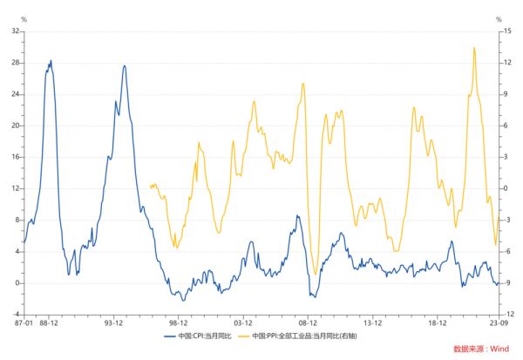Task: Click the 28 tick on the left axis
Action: (15, 63)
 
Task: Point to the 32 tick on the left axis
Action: (15, 31)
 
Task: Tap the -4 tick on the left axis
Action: (15, 315)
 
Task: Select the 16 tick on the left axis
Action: (15, 157)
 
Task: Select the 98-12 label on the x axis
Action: (179, 323)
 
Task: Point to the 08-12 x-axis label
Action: (308, 323)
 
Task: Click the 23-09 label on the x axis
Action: (498, 323)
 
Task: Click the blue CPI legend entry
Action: (203, 336)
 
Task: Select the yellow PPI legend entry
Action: (306, 336)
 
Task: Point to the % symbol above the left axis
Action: (23, 19)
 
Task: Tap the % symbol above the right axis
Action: (499, 19)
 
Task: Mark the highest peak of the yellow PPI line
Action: (474, 48)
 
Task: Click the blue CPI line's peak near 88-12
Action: (51, 60)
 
